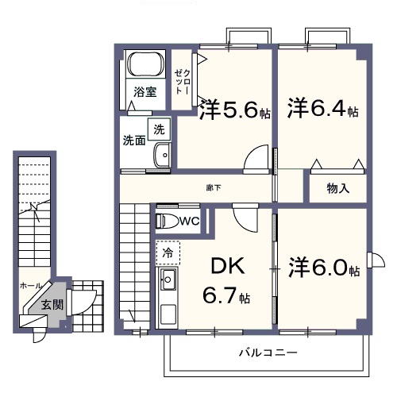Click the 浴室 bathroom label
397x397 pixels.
coord(144,92)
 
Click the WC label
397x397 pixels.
coord(190,222)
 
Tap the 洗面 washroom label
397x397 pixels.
coord(133,141)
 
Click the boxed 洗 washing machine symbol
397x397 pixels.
coord(160,129)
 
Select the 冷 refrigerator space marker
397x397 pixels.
coord(168,253)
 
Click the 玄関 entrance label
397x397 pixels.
coord(52,304)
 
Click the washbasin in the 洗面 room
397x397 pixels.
coord(163,156)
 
